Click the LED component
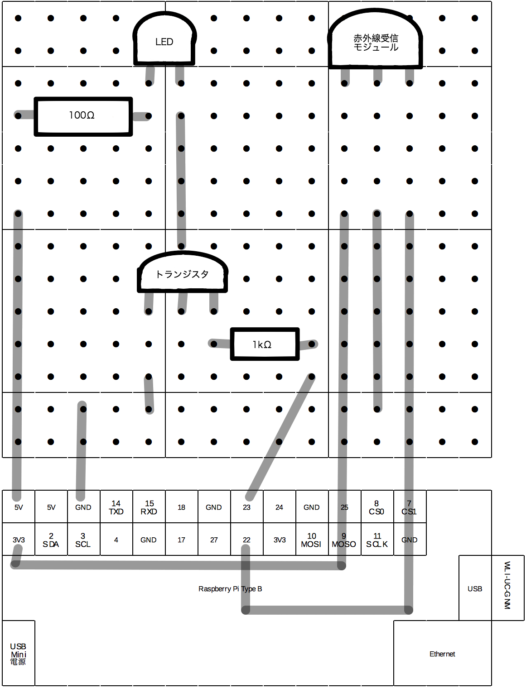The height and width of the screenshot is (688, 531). (164, 38)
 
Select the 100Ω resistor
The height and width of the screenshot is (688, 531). (83, 116)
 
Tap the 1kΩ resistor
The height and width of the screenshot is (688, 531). (265, 344)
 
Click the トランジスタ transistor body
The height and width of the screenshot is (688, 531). (182, 272)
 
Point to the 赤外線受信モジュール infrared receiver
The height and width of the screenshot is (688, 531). (375, 38)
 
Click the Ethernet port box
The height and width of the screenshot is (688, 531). (443, 653)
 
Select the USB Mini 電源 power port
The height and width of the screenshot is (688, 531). (19, 653)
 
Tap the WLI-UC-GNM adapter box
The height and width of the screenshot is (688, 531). (508, 588)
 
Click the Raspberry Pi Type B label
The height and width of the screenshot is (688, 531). (230, 589)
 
